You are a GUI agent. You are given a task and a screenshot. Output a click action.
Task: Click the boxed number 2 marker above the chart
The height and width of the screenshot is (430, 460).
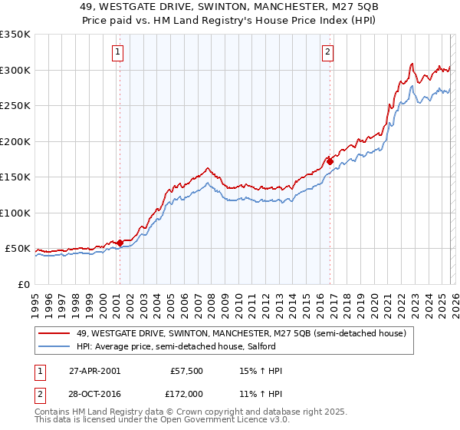[327, 52]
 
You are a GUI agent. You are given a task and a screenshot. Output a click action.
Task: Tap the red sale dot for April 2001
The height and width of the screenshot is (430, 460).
[120, 243]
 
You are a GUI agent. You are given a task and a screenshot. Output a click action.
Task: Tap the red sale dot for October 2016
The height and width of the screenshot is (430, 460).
[330, 161]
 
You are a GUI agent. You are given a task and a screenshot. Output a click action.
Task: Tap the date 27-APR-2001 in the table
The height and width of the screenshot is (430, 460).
[94, 371]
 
